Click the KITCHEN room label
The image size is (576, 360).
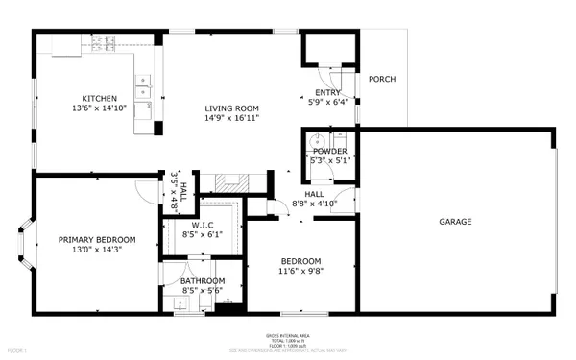(x=99, y=98)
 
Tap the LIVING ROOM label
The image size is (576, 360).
(x=231, y=108)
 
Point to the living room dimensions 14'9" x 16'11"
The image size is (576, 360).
(x=231, y=117)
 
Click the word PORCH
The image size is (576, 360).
(x=382, y=80)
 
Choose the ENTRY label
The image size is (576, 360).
(x=328, y=92)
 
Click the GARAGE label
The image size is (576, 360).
(x=455, y=222)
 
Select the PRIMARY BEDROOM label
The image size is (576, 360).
(x=96, y=239)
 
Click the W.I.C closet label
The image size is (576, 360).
(x=202, y=225)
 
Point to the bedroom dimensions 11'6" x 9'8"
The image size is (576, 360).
(x=300, y=272)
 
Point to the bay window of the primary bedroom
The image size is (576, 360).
(x=26, y=245)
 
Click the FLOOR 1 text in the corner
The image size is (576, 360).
(x=17, y=351)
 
